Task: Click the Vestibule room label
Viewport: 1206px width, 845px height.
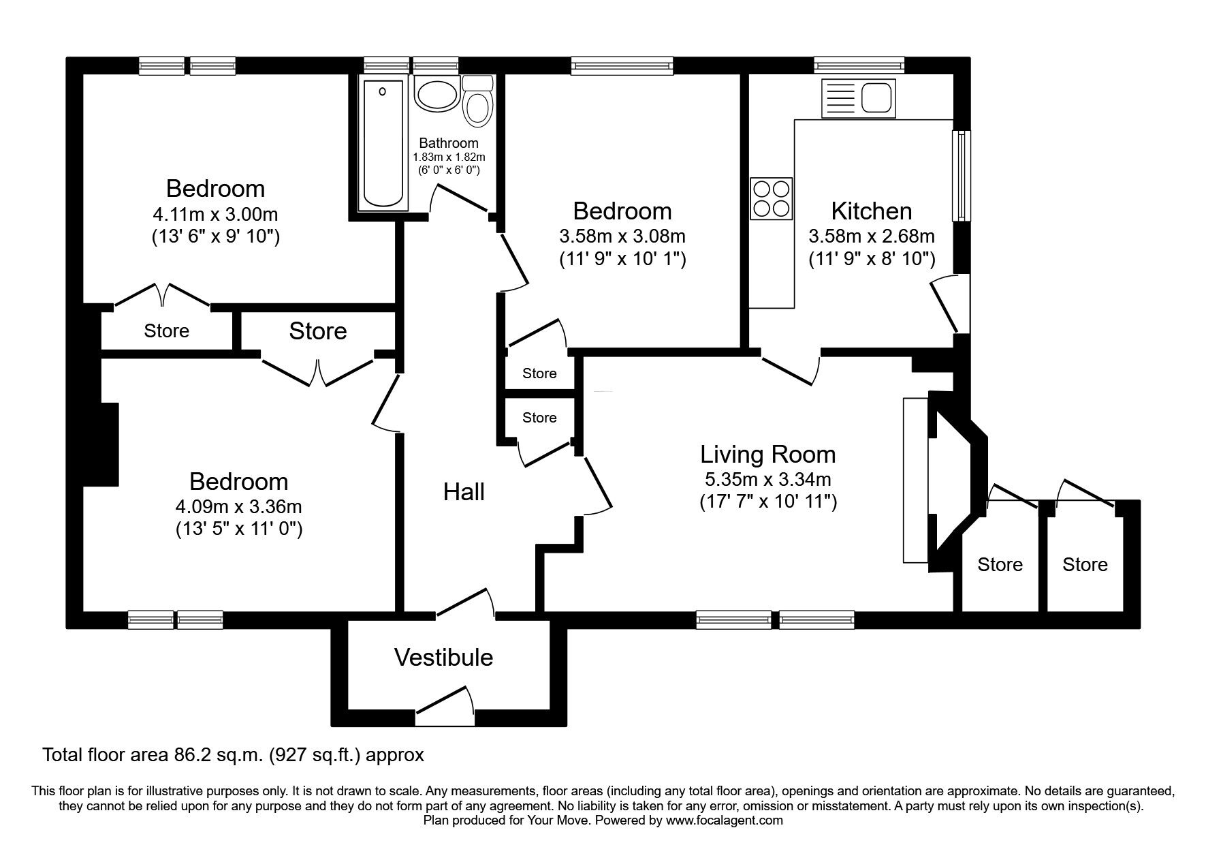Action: pos(443,657)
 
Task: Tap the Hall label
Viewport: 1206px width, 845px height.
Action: pos(464,491)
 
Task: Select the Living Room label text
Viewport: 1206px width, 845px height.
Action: pos(767,454)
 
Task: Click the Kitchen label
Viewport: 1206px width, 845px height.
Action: pos(872,211)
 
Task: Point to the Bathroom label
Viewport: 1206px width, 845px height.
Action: pos(448,143)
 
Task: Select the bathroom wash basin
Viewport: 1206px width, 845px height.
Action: pos(437,95)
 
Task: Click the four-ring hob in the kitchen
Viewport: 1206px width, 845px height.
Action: pos(772,198)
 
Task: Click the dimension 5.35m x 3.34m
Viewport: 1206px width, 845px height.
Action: pos(767,480)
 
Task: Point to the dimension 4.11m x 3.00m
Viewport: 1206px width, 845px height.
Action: pos(215,214)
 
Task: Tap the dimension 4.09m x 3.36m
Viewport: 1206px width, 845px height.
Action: pos(239,507)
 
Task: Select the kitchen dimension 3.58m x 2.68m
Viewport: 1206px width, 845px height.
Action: pos(872,236)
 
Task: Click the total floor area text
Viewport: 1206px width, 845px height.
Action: pos(234,755)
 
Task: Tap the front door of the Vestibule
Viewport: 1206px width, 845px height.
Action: pos(444,706)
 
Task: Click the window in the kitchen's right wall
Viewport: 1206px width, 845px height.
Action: pos(961,175)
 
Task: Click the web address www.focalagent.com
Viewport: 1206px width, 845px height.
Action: pos(725,820)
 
